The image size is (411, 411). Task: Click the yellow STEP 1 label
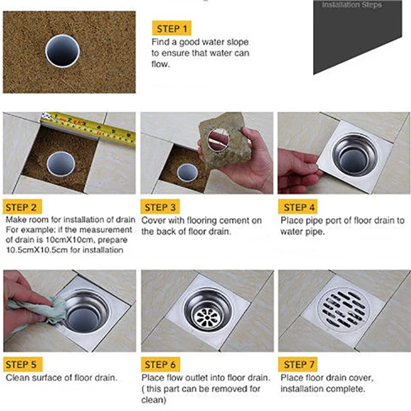click(172, 28)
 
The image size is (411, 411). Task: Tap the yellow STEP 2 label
click(22, 207)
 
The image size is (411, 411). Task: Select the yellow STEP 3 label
click(160, 207)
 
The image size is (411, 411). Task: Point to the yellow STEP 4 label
click(298, 207)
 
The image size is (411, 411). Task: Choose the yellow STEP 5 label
click(23, 364)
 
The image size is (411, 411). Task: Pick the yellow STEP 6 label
click(160, 364)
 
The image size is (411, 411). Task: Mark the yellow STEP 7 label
click(298, 364)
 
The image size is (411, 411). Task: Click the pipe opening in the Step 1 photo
click(62, 51)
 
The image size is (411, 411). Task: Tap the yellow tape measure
click(88, 127)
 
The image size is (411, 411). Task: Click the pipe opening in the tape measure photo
click(61, 164)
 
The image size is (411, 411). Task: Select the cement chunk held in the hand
click(223, 139)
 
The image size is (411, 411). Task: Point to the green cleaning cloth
click(40, 309)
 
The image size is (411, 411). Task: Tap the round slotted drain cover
click(343, 310)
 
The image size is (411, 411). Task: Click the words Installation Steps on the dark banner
click(352, 5)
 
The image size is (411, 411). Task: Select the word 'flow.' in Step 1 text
click(161, 64)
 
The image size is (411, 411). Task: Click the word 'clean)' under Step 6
click(154, 400)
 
